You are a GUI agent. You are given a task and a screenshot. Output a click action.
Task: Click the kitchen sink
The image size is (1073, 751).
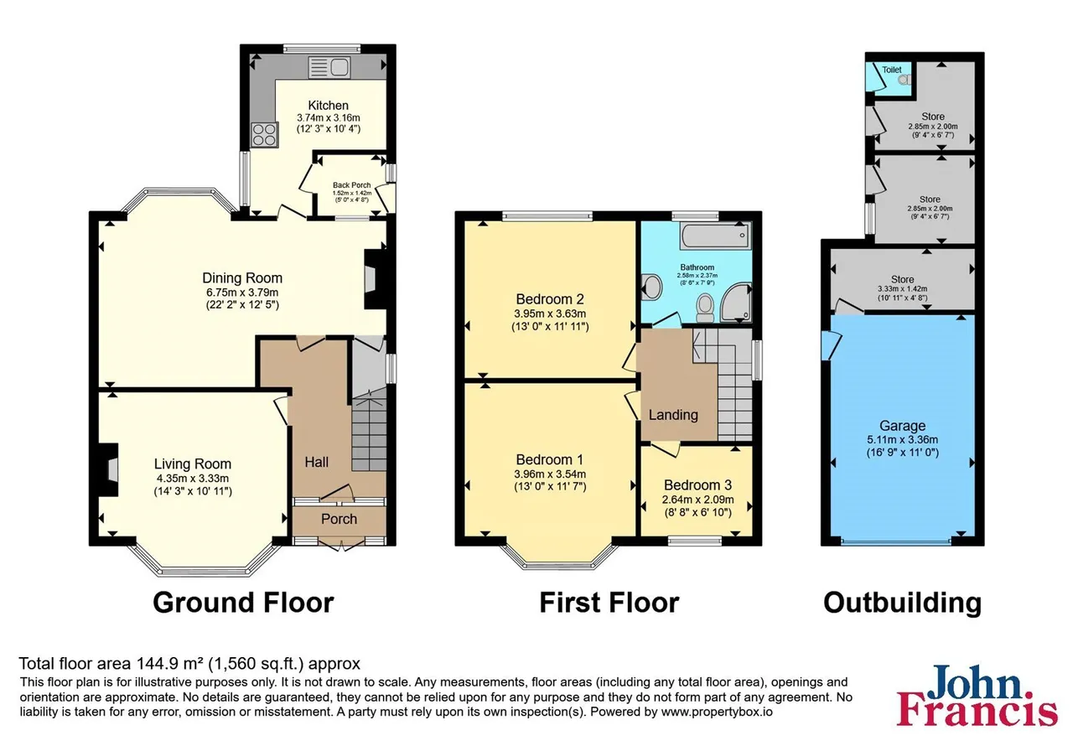[329, 67]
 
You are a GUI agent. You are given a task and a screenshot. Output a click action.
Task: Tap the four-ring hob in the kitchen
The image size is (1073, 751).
[264, 135]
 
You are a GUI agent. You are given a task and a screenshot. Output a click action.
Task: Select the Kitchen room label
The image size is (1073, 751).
[328, 106]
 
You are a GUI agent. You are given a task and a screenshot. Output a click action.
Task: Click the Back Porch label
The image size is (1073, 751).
[351, 185]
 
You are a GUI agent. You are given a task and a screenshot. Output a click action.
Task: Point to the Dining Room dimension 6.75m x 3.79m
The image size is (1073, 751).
[242, 293]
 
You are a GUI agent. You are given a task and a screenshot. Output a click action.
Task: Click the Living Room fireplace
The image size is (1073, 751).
[108, 469]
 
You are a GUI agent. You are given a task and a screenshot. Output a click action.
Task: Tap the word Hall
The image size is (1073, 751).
[317, 462]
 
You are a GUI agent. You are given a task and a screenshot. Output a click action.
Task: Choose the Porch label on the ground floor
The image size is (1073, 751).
[340, 519]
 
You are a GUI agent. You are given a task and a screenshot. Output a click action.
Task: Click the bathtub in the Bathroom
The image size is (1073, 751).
[717, 236]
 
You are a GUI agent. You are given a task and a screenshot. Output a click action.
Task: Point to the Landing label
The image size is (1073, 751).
[673, 415]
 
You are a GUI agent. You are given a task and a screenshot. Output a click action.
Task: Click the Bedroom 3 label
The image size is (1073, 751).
[698, 485]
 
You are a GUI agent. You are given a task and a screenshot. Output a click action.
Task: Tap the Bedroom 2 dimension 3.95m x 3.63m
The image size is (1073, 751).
[550, 314]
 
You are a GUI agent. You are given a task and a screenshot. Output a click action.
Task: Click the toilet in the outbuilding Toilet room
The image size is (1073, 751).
[905, 80]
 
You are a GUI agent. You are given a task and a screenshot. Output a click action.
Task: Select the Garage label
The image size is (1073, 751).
[903, 426]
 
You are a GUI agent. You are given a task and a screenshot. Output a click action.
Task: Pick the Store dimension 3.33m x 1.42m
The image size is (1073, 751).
[903, 289]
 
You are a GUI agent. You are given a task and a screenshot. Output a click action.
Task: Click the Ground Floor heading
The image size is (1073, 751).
[243, 603]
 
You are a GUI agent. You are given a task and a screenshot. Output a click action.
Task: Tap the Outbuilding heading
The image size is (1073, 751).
[903, 603]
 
